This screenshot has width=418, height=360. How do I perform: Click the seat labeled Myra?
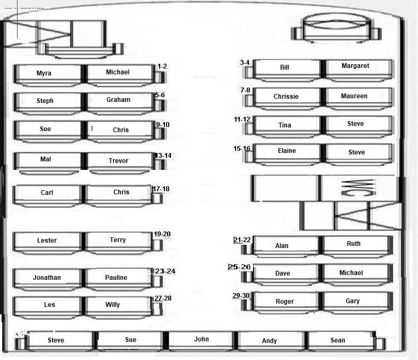[x=45, y=73]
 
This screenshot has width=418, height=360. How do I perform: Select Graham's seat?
[x=118, y=100]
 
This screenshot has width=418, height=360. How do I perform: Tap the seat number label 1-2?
[x=162, y=66]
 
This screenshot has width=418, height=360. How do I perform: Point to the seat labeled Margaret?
[x=355, y=66]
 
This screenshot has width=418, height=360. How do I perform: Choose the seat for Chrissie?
[x=286, y=97]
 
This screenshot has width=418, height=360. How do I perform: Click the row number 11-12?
[x=242, y=119]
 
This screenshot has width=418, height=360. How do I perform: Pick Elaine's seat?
[x=287, y=151]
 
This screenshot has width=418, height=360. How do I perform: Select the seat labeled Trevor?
[x=118, y=160]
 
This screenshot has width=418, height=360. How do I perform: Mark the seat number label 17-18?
[x=161, y=189]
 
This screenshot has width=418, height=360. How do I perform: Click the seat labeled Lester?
[x=47, y=241]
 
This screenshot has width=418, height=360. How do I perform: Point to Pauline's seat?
[x=116, y=278]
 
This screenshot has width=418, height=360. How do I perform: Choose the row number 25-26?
[x=239, y=267]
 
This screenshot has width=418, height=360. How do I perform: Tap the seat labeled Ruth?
[x=354, y=244]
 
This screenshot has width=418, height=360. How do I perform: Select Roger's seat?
[x=285, y=302]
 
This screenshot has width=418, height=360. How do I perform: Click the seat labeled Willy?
[x=112, y=305]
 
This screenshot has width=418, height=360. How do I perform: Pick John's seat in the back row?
[x=202, y=340]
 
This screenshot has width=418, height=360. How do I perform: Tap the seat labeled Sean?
[x=338, y=340]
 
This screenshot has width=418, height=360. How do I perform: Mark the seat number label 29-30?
[x=241, y=296]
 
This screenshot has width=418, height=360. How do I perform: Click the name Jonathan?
[x=47, y=278]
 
